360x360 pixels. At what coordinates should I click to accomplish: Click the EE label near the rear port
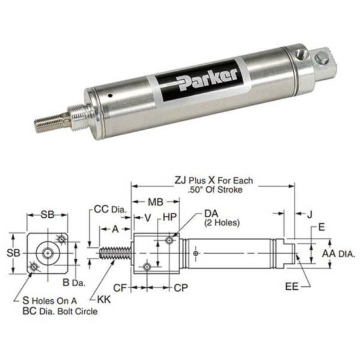tap(292, 287)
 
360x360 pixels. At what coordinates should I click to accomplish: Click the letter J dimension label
tap(310, 215)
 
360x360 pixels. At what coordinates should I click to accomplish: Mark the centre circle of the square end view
tap(48, 253)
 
